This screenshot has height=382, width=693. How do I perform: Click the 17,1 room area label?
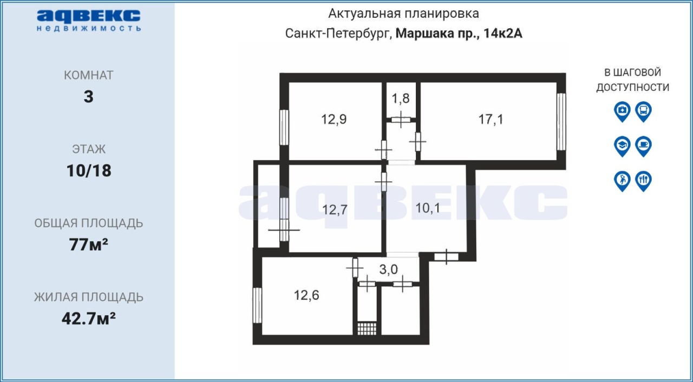coord(491,119)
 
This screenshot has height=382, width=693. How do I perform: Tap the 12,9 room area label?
coord(334,119)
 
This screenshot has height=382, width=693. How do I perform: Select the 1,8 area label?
coord(401,98)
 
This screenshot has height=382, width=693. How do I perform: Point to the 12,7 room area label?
coord(335,210)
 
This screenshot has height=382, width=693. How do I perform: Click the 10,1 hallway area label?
coord(428,208)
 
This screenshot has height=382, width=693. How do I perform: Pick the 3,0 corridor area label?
coord(389,269)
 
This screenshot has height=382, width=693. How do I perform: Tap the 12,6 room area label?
coord(306,295)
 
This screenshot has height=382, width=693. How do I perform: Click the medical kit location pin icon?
coord(622,111)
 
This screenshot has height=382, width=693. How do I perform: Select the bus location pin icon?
coord(644,111)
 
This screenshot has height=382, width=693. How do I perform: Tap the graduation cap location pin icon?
coord(622,146)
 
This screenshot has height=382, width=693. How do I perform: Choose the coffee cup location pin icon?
coord(644,146)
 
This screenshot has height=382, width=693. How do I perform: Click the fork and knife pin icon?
coord(644,181)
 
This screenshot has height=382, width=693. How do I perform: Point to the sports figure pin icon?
coord(622,181)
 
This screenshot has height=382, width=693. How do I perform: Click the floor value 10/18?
coord(89,170)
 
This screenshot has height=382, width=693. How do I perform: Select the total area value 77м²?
coord(88,245)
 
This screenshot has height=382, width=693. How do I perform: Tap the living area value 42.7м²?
coord(88,319)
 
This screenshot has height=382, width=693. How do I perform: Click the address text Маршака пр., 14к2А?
coord(459,34)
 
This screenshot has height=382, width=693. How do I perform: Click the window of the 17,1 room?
coord(561,122)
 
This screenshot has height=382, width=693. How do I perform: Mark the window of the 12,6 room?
coord(257,305)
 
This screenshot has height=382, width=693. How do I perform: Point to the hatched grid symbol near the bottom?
coord(367,328)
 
